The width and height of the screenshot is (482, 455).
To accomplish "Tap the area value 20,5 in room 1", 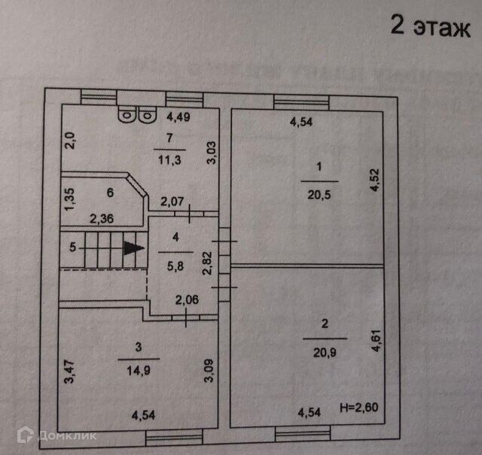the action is [320, 193].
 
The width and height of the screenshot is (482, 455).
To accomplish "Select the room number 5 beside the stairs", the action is [72, 247].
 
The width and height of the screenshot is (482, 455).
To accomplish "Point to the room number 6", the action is [110, 193].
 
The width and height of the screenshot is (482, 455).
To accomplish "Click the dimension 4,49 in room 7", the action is [180, 116].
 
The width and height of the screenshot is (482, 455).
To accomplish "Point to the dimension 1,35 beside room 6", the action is [69, 202].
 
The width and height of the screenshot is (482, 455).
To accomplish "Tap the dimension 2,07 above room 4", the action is [173, 201].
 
